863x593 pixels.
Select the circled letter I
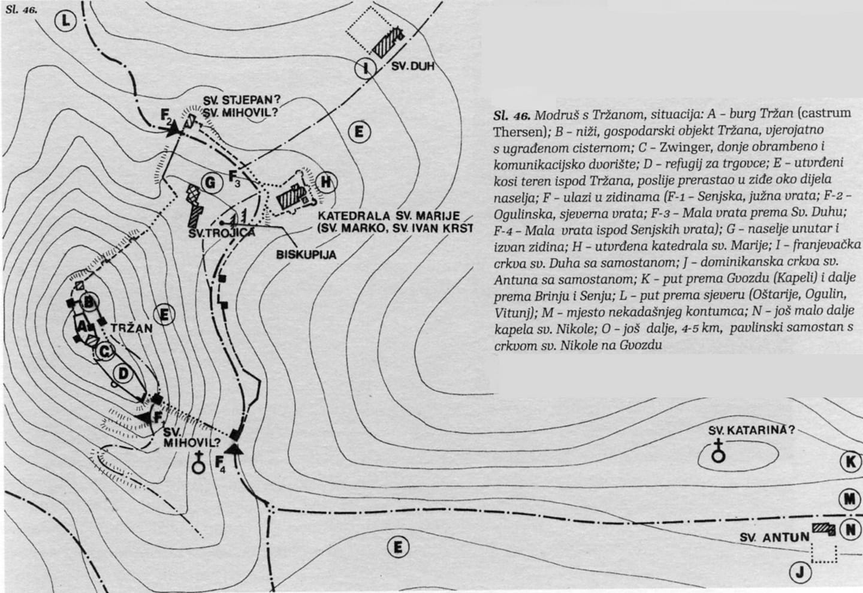click(x=363, y=68)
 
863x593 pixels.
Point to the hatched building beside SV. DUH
click(x=386, y=41)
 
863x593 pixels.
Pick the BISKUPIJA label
click(x=306, y=254)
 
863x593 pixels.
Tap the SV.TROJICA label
click(x=213, y=233)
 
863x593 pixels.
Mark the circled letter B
click(x=89, y=302)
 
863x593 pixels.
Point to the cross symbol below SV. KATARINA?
click(x=717, y=451)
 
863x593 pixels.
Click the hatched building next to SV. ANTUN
click(x=823, y=529)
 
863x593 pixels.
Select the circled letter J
click(x=799, y=573)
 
